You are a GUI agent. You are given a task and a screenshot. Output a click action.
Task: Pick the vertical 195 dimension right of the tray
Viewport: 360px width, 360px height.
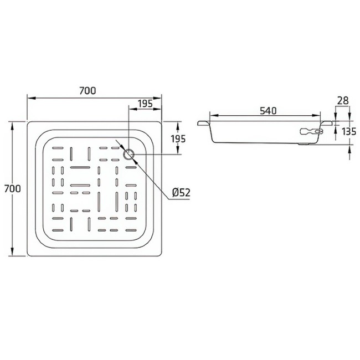click(x=177, y=138)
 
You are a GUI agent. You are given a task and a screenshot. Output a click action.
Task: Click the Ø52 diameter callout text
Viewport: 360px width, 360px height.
click(x=181, y=192)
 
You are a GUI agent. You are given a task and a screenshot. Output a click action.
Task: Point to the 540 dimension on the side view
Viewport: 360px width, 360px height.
click(x=268, y=111)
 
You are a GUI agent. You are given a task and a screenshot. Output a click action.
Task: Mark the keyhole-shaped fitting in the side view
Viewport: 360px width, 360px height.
click(x=310, y=131)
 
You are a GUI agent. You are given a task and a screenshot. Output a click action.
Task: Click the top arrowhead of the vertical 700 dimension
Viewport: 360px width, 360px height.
click(x=13, y=124)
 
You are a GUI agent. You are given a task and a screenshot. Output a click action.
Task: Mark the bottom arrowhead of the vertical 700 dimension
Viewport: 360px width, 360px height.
click(x=13, y=253)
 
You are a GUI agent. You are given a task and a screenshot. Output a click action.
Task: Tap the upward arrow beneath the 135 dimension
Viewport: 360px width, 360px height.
click(x=350, y=148)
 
